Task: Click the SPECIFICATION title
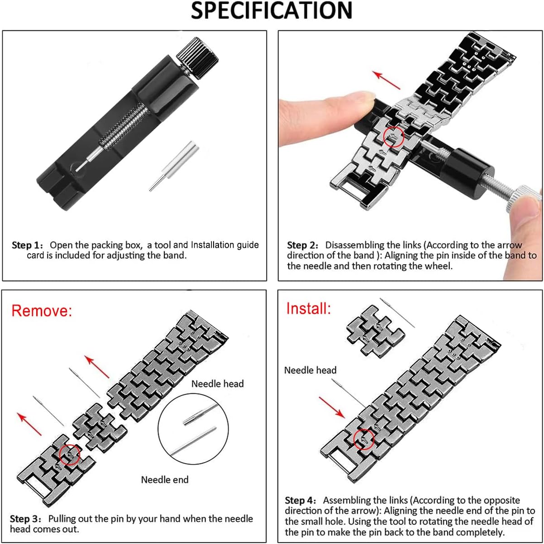272,11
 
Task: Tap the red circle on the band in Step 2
394,136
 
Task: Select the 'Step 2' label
302,246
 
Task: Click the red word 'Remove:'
42,311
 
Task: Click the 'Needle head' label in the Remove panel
217,384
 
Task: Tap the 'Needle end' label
165,480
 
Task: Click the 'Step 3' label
26,519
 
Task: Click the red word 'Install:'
308,308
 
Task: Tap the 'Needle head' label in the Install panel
310,370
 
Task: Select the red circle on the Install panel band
363,439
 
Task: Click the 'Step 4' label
301,501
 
